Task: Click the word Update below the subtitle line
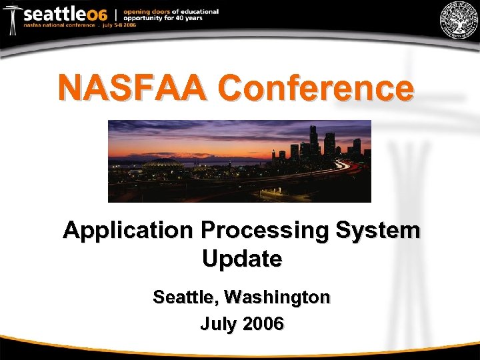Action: point(241,258)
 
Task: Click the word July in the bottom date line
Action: point(219,324)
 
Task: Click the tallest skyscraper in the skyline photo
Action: point(313,140)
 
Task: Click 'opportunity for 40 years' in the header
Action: point(166,18)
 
